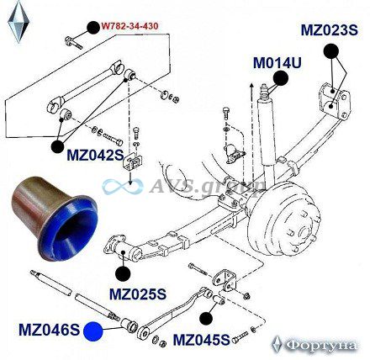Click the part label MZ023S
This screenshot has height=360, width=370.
pyautogui.click(x=330, y=30)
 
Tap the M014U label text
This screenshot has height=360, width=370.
pyautogui.click(x=277, y=63)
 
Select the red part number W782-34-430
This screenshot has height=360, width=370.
pyautogui.click(x=129, y=26)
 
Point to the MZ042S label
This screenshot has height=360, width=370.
pyautogui.click(x=95, y=155)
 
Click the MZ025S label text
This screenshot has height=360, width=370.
pyautogui.click(x=138, y=294)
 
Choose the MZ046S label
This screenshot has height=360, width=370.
pyautogui.click(x=50, y=330)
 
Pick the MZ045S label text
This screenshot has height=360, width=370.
pyautogui.click(x=201, y=340)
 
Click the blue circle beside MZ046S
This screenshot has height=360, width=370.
pyautogui.click(x=93, y=331)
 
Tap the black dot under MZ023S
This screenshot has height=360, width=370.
pyautogui.click(x=331, y=51)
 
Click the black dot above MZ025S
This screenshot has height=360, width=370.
pyautogui.click(x=123, y=273)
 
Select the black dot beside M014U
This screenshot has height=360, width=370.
pyautogui.click(x=281, y=78)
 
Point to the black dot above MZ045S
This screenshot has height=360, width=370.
pyautogui.click(x=206, y=318)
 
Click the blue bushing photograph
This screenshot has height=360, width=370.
pyautogui.click(x=54, y=219)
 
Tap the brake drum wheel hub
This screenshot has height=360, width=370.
pyautogui.click(x=283, y=225)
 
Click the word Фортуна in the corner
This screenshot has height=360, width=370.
pyautogui.click(x=321, y=345)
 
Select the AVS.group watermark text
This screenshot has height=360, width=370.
pyautogui.click(x=208, y=185)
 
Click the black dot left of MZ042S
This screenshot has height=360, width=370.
pyautogui.click(x=58, y=146)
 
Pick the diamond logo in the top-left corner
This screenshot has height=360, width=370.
pyautogui.click(x=18, y=22)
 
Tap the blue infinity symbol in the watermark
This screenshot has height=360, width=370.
pyautogui.click(x=123, y=187)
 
